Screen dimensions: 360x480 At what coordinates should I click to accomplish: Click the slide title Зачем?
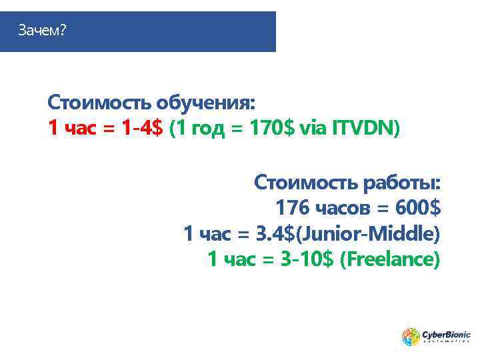tap(42, 31)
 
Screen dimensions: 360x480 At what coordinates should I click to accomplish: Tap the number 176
tap(292, 208)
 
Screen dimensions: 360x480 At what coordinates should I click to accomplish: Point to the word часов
tap(343, 208)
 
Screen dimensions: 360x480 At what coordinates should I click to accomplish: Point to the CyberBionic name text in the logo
tap(446, 334)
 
